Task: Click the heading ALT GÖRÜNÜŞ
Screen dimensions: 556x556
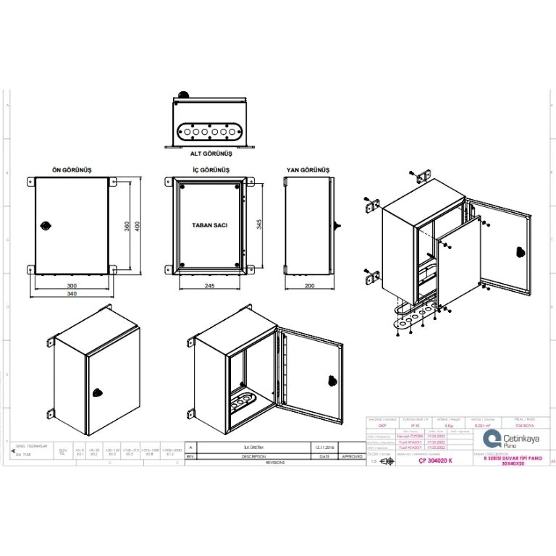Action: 211,154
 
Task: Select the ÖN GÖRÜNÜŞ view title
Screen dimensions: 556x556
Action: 72,169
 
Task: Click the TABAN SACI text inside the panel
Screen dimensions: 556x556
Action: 210,225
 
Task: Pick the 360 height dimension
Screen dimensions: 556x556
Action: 127,225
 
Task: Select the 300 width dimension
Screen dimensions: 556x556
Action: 72,286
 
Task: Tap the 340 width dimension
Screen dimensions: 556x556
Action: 72,294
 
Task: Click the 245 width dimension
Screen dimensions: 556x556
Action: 210,286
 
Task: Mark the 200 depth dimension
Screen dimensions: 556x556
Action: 309,286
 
